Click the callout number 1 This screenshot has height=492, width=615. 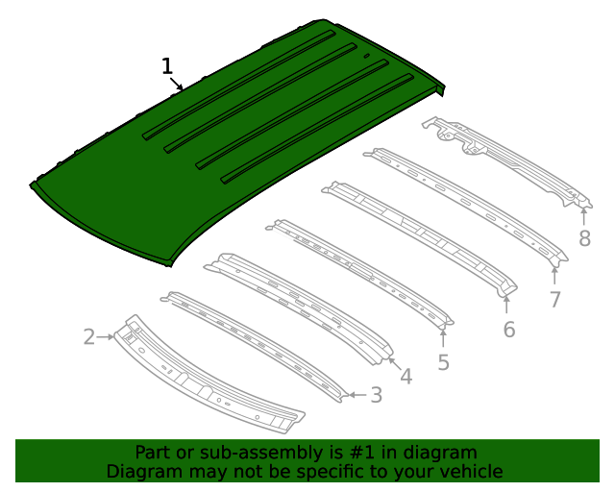click(167, 66)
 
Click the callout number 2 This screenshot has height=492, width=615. click(89, 336)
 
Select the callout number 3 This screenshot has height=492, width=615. click(376, 394)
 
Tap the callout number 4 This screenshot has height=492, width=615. click(406, 377)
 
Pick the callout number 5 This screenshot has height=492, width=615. click(443, 362)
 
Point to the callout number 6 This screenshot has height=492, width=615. click(508, 330)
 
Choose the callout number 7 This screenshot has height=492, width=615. click(554, 299)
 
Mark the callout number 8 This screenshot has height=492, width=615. click(584, 239)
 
